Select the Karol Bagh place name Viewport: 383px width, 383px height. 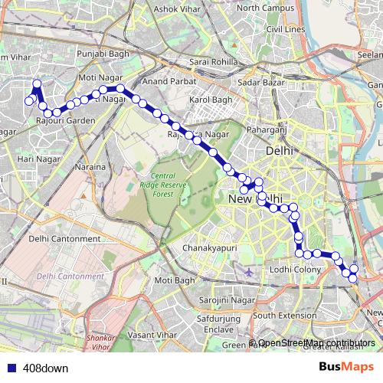coord(210,100)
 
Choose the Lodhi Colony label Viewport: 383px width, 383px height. coord(295,270)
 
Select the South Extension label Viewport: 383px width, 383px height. coord(284,315)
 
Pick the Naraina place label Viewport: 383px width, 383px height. coord(89,166)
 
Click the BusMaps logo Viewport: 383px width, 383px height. coord(346,367)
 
